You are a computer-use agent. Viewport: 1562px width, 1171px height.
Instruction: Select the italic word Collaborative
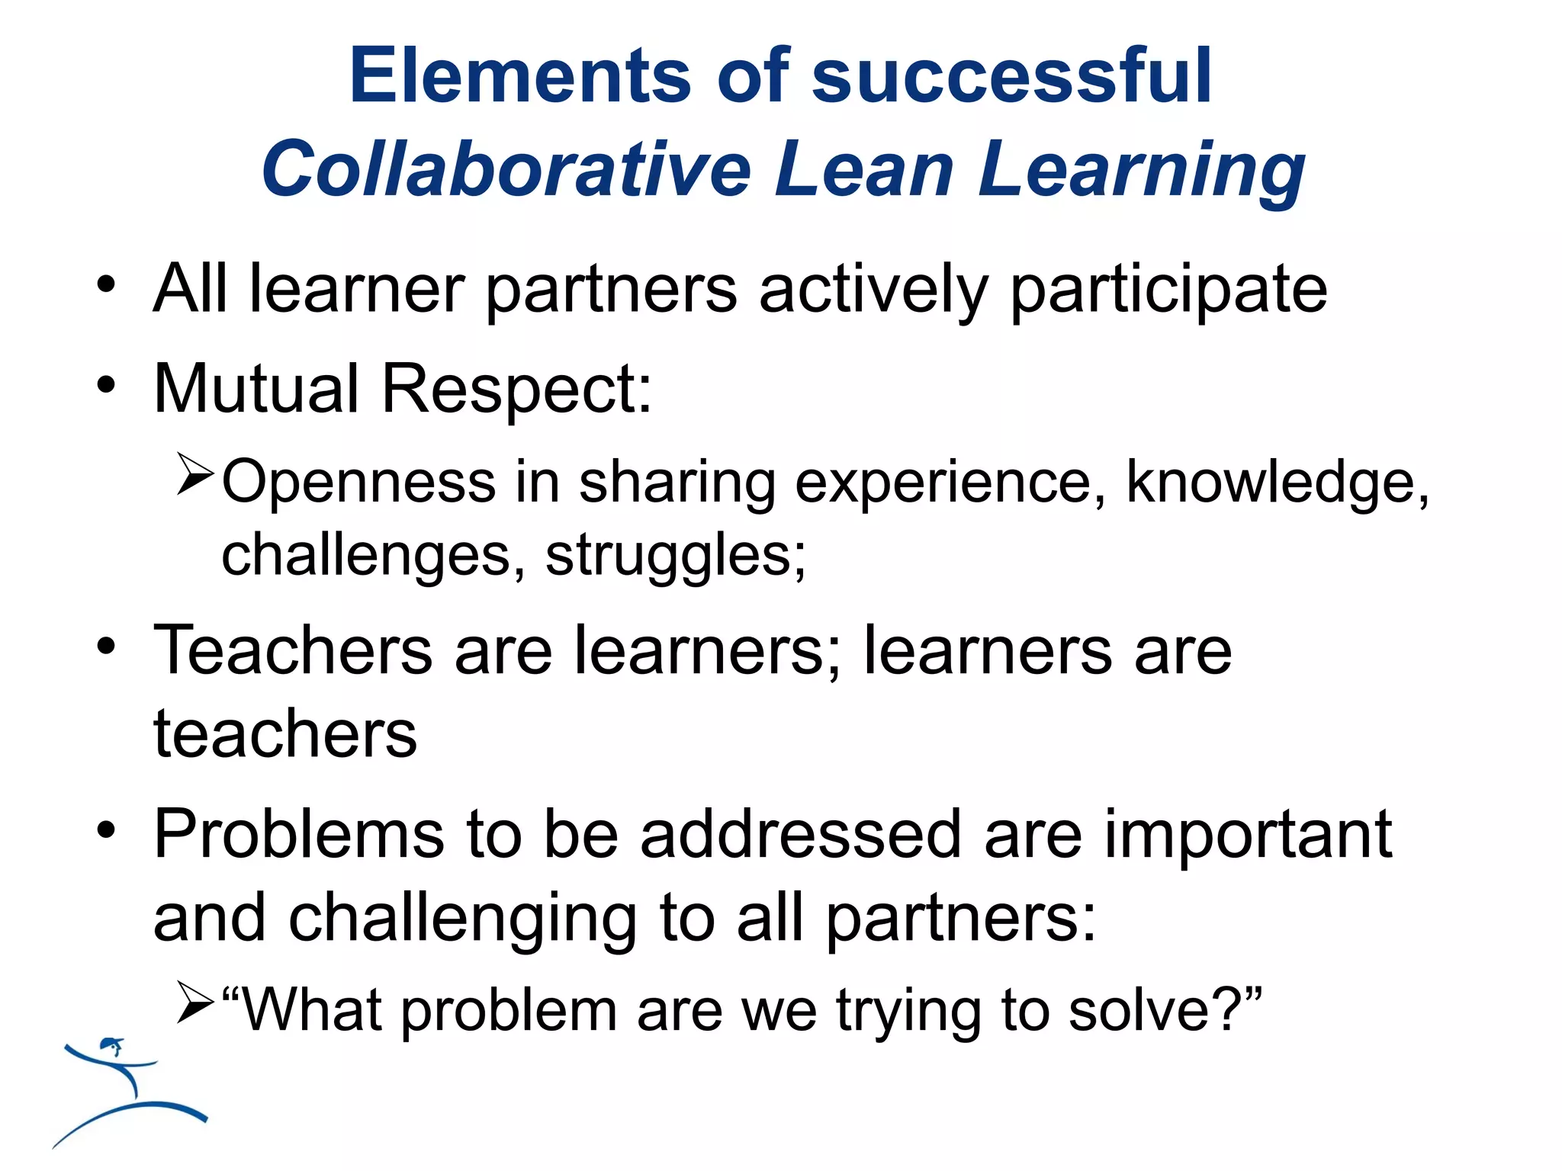(506, 169)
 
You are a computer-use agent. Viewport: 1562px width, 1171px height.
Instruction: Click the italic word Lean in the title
(864, 169)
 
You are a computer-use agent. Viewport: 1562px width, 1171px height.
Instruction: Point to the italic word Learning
(1141, 172)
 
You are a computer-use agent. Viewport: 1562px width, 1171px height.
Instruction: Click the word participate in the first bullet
(1168, 290)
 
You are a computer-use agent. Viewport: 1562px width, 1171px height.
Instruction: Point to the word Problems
(299, 835)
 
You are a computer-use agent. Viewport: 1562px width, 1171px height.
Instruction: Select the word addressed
(801, 835)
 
